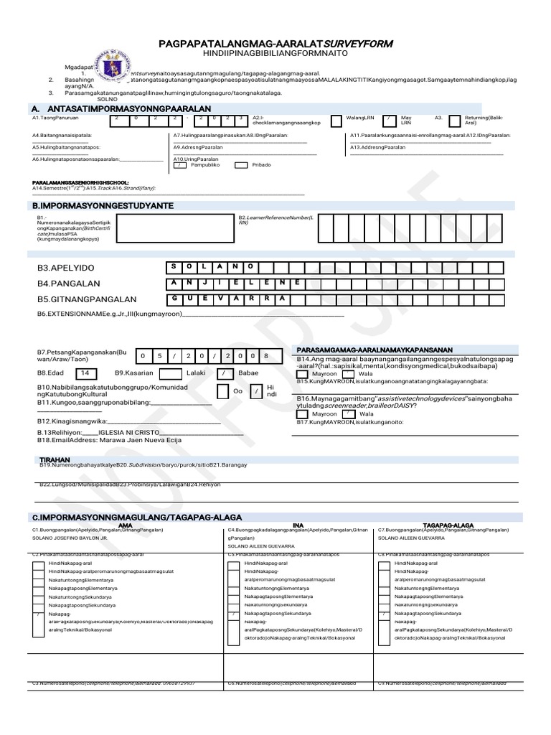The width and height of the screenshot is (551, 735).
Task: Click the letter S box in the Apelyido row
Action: (174, 267)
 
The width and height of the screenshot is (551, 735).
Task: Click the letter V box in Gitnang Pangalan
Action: (230, 298)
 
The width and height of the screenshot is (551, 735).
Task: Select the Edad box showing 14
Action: (85, 373)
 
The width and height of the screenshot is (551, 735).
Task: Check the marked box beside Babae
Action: (226, 374)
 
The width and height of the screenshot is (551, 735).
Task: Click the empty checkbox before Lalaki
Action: (170, 374)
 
